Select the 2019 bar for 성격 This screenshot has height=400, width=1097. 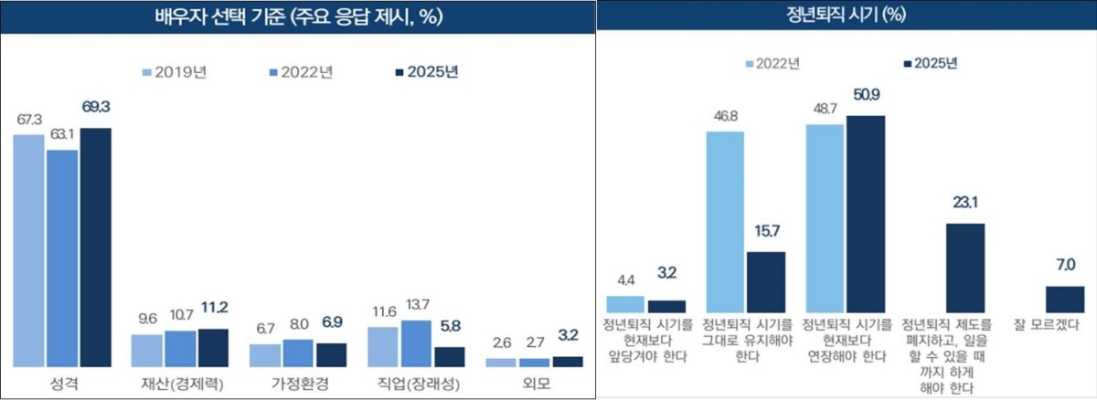point(28,251)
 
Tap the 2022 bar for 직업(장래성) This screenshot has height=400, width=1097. point(417,343)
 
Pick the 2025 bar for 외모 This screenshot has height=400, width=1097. point(568,362)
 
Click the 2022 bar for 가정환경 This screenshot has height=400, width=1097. point(298,353)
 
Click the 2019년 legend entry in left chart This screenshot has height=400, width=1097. point(175,72)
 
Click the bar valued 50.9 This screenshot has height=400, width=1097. point(866,215)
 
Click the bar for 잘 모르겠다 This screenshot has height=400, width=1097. point(1064,300)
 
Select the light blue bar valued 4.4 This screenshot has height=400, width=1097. point(626,304)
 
